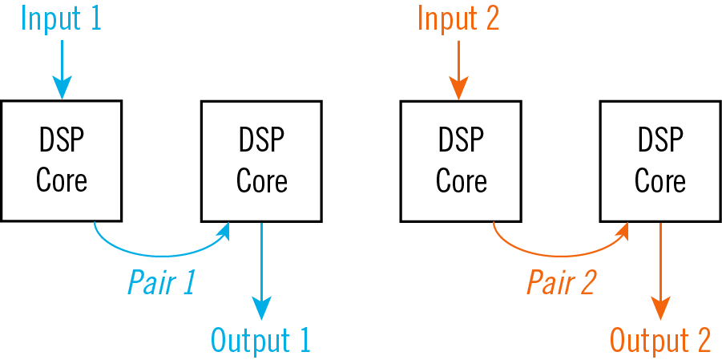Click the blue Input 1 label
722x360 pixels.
(62, 18)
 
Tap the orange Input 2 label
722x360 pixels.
(459, 18)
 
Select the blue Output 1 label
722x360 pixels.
(260, 341)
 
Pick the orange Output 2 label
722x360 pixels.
(660, 341)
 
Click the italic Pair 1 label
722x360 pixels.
(161, 282)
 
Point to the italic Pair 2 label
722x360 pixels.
(561, 282)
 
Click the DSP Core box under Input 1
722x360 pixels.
(62, 160)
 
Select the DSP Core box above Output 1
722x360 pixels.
(261, 160)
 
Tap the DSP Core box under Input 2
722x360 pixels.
(461, 160)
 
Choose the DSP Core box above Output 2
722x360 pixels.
(660, 160)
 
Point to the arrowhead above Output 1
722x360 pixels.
(262, 308)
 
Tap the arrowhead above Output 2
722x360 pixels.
(660, 308)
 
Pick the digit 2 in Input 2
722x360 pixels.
(491, 18)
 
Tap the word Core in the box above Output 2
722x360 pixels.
(660, 180)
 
